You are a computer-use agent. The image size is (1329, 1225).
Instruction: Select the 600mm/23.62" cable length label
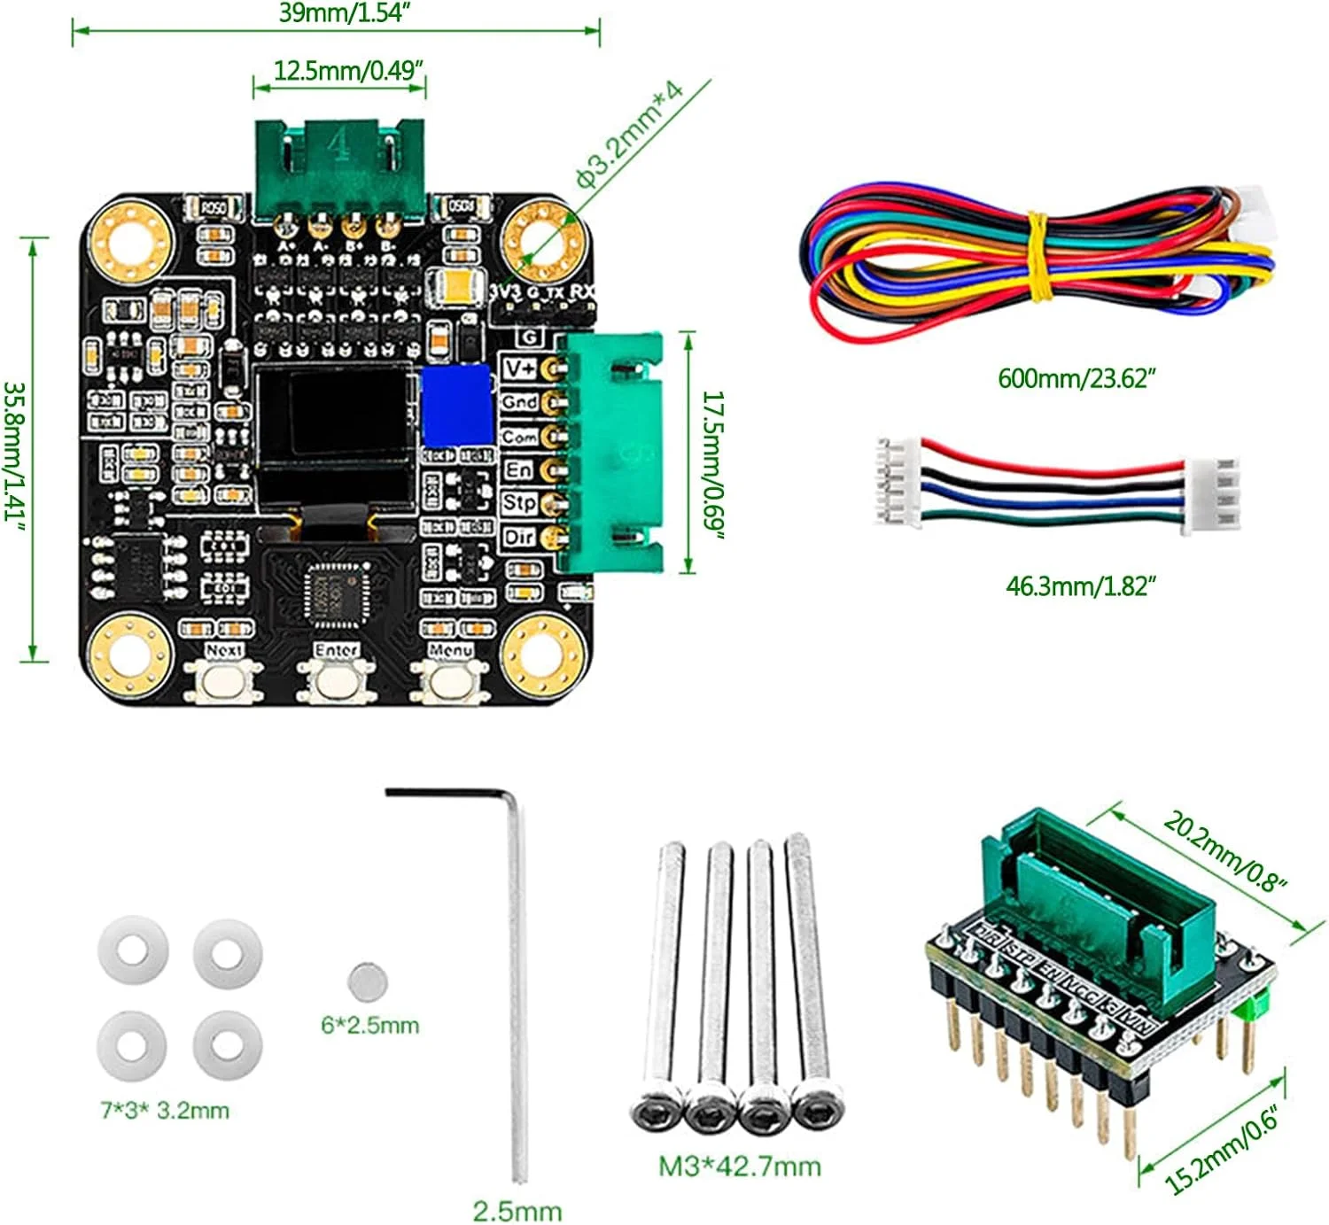(x=1076, y=378)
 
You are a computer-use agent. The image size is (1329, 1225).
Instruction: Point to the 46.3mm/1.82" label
(x=1081, y=585)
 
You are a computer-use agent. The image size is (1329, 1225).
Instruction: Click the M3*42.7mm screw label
(x=739, y=1166)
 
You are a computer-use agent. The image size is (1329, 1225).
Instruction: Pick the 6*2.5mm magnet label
(x=369, y=1025)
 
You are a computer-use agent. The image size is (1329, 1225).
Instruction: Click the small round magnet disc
(x=367, y=981)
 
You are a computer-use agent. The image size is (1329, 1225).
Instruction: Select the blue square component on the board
(x=456, y=405)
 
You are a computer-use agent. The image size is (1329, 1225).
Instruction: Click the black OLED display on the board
(x=337, y=434)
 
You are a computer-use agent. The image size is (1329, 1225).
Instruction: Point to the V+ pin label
(x=519, y=367)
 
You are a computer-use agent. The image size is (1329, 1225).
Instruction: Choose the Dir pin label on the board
(x=519, y=537)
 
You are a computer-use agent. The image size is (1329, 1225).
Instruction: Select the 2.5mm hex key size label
(x=517, y=1210)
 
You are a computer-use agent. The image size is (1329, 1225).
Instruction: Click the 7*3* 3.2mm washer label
(x=165, y=1110)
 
